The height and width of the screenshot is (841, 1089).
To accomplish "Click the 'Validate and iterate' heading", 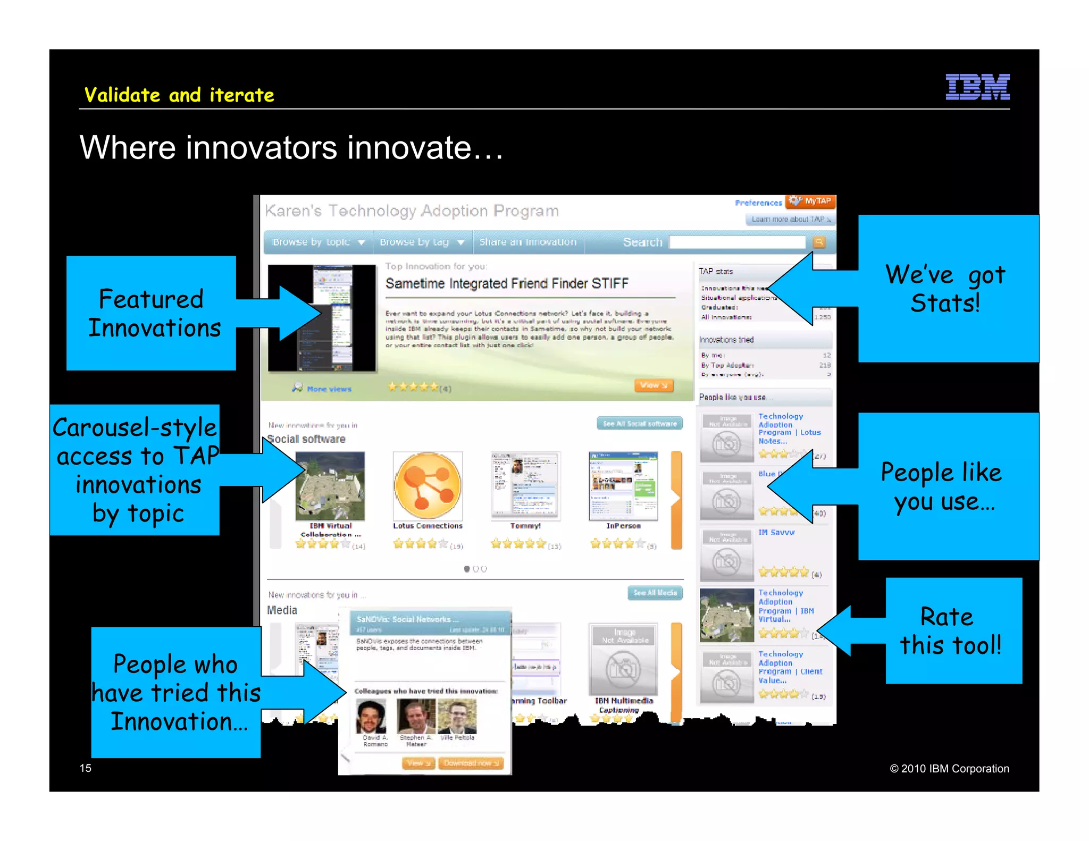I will point(179,95).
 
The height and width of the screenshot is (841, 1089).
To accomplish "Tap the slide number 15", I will point(86,768).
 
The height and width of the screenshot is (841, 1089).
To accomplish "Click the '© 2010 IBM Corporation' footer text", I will point(949,768).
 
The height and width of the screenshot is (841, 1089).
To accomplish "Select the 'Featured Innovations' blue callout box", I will point(151,313).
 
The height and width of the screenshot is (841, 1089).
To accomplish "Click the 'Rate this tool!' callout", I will point(953,630).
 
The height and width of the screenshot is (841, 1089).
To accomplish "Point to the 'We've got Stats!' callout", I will point(948,289).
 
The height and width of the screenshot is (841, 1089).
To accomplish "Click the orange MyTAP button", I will point(811,201).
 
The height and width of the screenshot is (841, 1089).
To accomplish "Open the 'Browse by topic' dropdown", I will point(319,242).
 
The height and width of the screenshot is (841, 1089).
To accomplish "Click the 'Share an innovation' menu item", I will point(527,242).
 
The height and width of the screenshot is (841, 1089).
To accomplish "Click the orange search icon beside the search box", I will point(819,242).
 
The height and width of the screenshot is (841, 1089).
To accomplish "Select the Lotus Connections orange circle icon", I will point(428,485).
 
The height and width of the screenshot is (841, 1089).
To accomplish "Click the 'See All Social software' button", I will point(640,424).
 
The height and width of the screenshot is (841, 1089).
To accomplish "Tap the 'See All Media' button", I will point(655,592).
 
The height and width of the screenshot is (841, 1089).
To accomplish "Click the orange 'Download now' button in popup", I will point(471,763).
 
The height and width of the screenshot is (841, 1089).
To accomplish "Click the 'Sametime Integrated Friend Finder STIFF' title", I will point(507,283).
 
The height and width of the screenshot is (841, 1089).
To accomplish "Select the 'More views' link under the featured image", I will point(329,389).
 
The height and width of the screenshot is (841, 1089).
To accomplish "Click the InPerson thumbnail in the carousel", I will point(623,486).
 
